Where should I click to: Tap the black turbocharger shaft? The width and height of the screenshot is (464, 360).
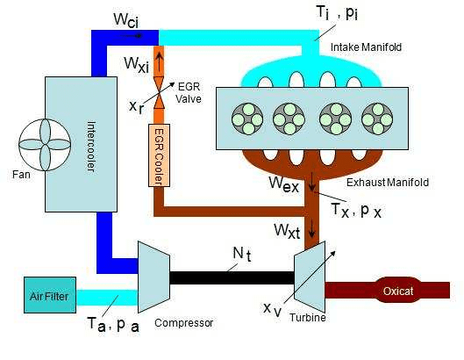click(x=231, y=277)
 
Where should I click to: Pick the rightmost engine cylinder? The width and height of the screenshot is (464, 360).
click(x=377, y=117)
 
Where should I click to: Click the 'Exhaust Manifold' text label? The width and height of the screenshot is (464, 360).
click(x=387, y=183)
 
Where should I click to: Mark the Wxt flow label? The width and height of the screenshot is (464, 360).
click(x=291, y=231)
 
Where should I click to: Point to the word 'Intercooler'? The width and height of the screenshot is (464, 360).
click(x=91, y=144)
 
